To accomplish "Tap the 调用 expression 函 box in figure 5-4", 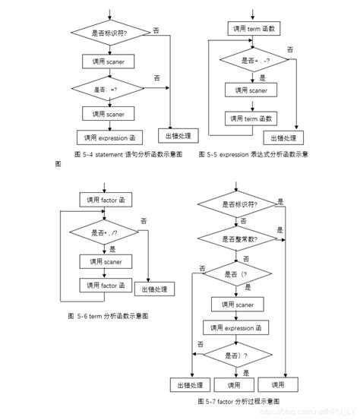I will [x=109, y=137].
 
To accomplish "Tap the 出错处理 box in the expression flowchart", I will [x=283, y=137].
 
